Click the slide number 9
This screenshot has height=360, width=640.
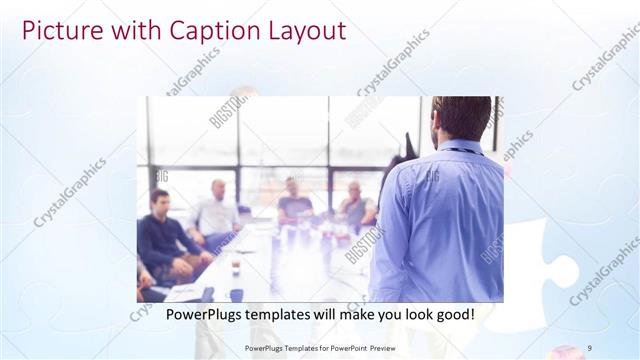590,347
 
